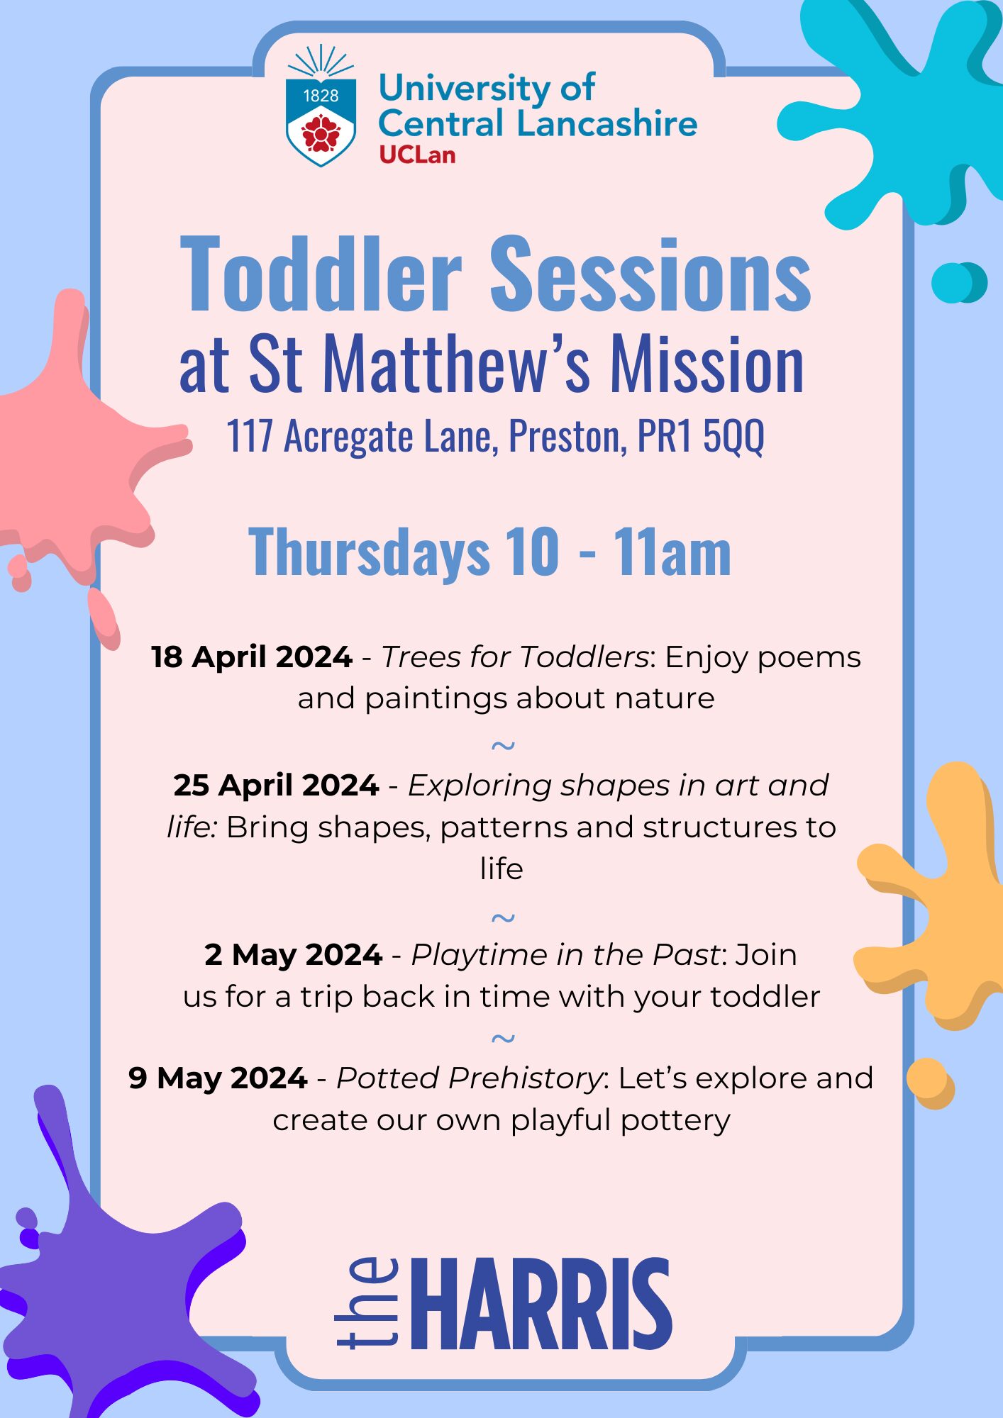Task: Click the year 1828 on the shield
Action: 321,96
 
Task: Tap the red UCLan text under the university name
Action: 417,155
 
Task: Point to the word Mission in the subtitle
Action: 707,364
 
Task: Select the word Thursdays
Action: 369,553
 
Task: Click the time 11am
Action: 672,552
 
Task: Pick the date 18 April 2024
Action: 252,657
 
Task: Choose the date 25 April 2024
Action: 276,786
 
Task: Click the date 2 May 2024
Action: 294,956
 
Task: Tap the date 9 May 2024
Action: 218,1078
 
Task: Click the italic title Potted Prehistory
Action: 470,1078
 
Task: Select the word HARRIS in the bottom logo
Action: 541,1305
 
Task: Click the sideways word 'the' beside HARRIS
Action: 367,1302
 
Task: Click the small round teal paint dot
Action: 958,282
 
